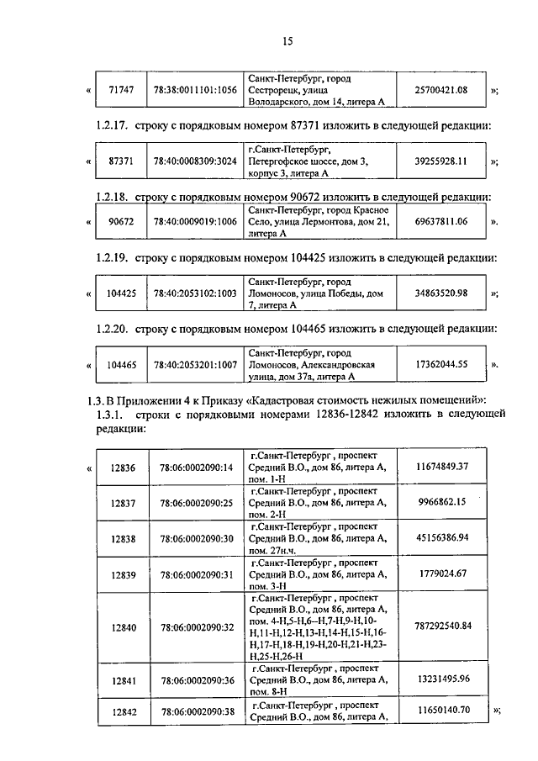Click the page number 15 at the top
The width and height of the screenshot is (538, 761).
tap(287, 40)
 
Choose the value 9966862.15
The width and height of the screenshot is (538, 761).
tap(441, 502)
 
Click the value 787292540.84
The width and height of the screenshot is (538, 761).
tap(443, 626)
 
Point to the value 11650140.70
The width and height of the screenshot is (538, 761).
tap(441, 711)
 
